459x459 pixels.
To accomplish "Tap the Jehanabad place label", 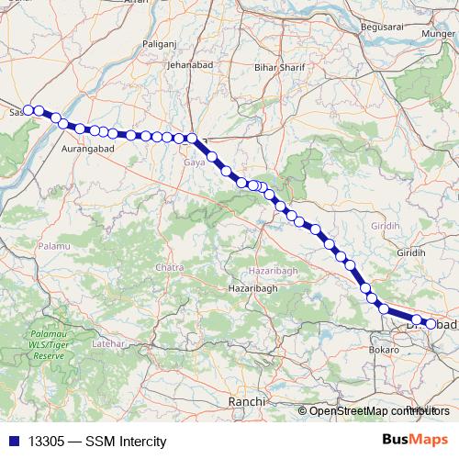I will click(190, 65).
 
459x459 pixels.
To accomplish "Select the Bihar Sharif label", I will click(279, 68).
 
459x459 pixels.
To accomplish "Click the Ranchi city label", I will click(247, 402).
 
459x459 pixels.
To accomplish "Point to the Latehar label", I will click(108, 342).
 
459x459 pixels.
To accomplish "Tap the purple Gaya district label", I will click(195, 162).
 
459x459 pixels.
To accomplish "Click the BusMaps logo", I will click(414, 440).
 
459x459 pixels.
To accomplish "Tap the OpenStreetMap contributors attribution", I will click(374, 410).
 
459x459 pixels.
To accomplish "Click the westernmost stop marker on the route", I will click(28, 110).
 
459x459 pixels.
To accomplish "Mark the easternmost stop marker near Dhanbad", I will click(430, 323).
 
